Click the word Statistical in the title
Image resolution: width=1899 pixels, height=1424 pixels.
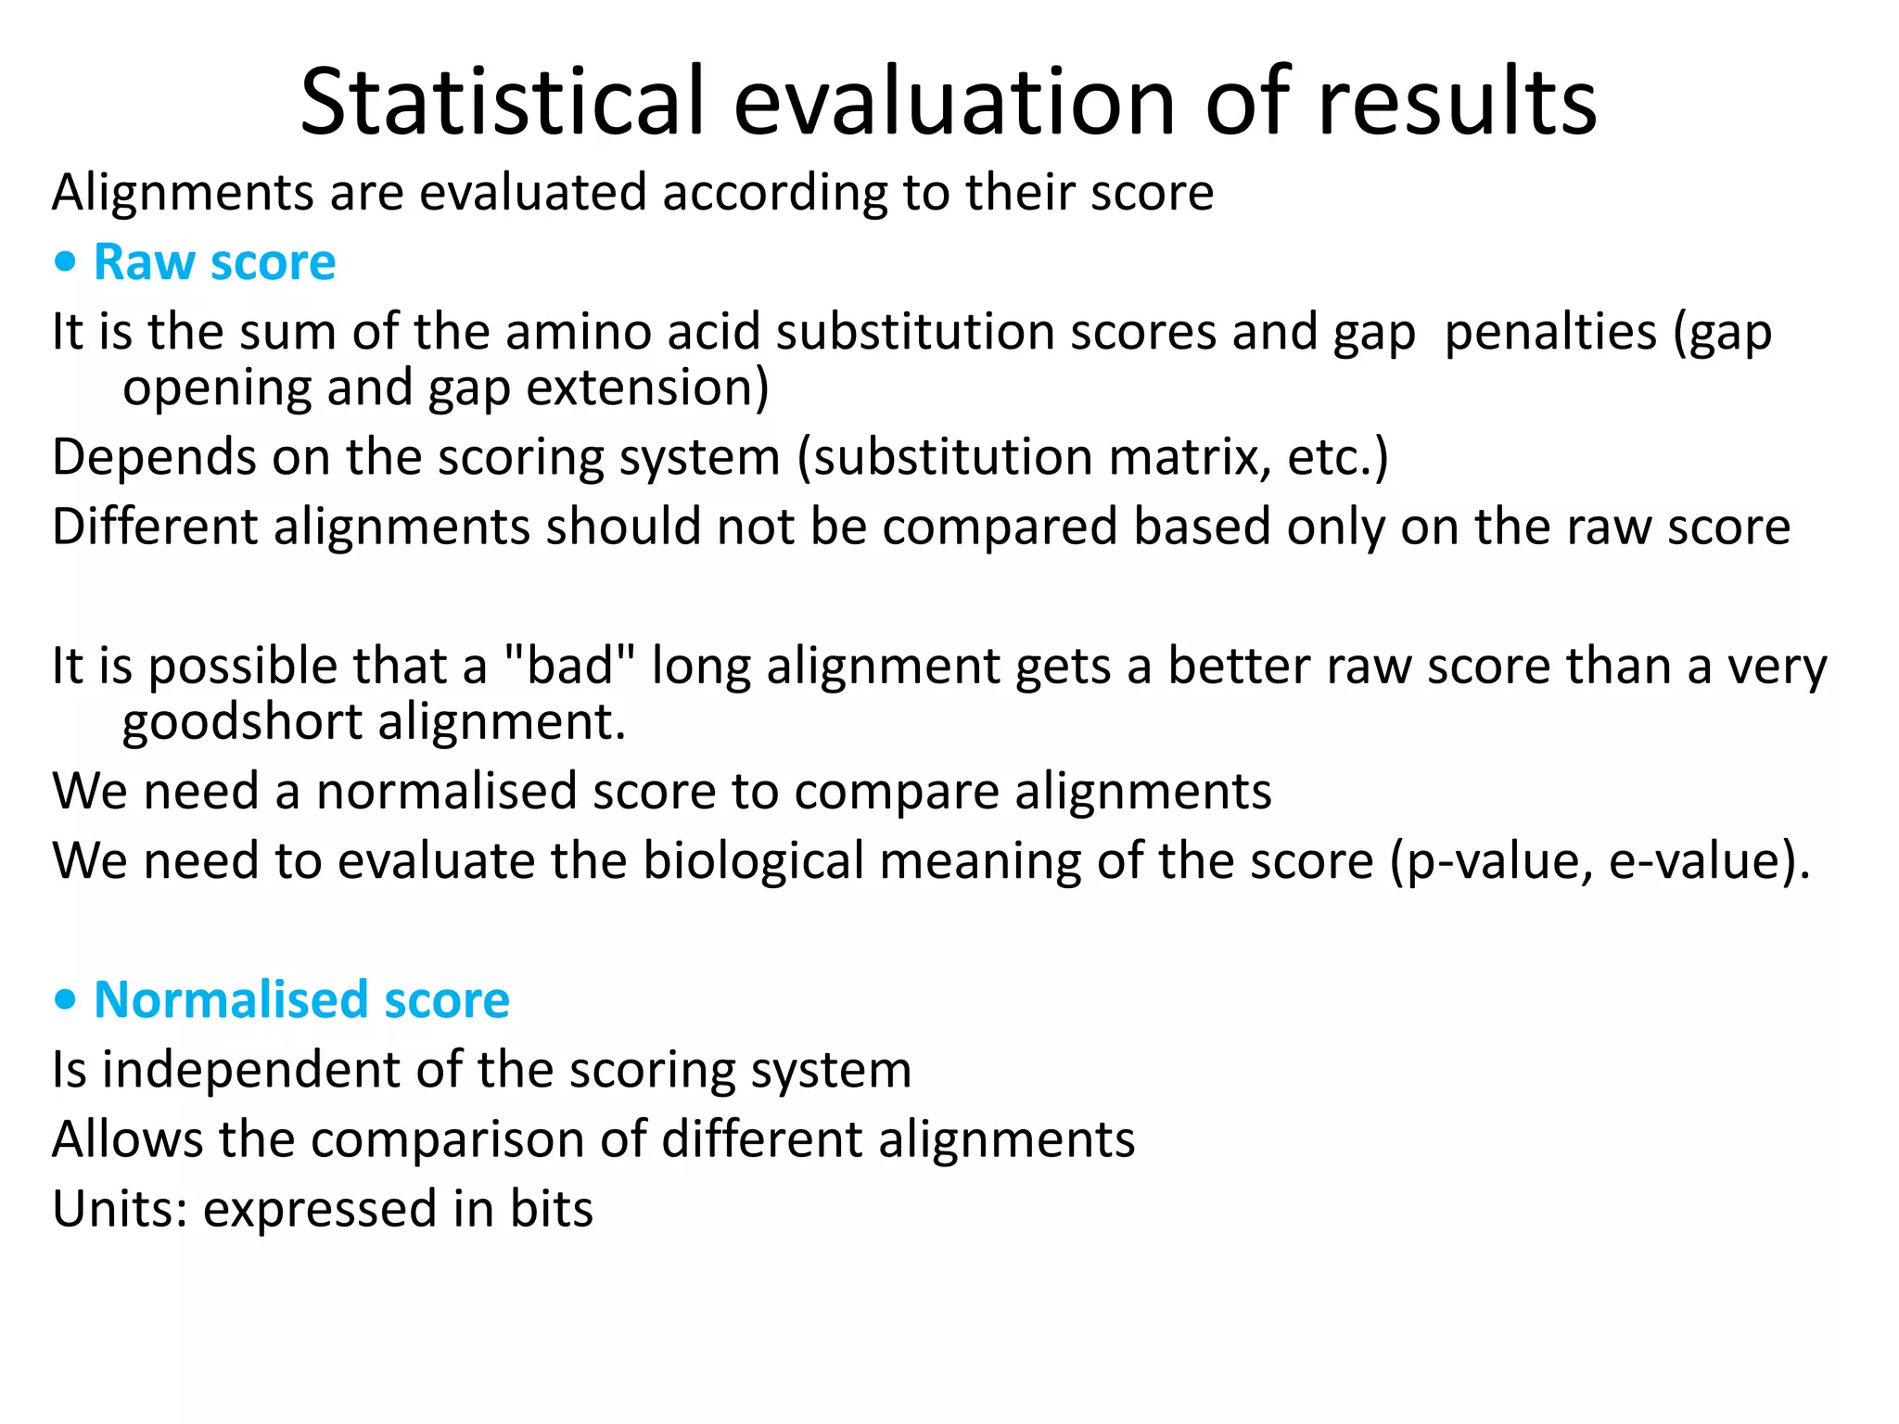coord(503,102)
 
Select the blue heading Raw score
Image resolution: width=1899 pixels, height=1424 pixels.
coord(214,262)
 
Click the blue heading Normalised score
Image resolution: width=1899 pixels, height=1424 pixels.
coord(301,1000)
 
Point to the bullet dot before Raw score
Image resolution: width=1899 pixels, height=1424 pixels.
coord(65,263)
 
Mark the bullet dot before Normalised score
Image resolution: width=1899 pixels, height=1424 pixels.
coord(65,1001)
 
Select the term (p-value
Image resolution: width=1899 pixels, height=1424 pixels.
coord(1490,863)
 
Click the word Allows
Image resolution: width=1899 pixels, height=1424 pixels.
coord(127,1139)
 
